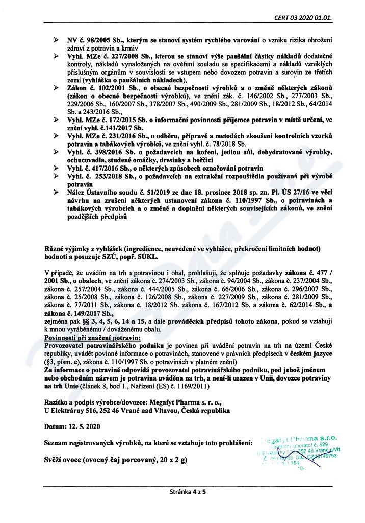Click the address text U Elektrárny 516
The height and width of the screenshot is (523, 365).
(74, 410)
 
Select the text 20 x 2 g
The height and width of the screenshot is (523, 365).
(170, 460)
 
